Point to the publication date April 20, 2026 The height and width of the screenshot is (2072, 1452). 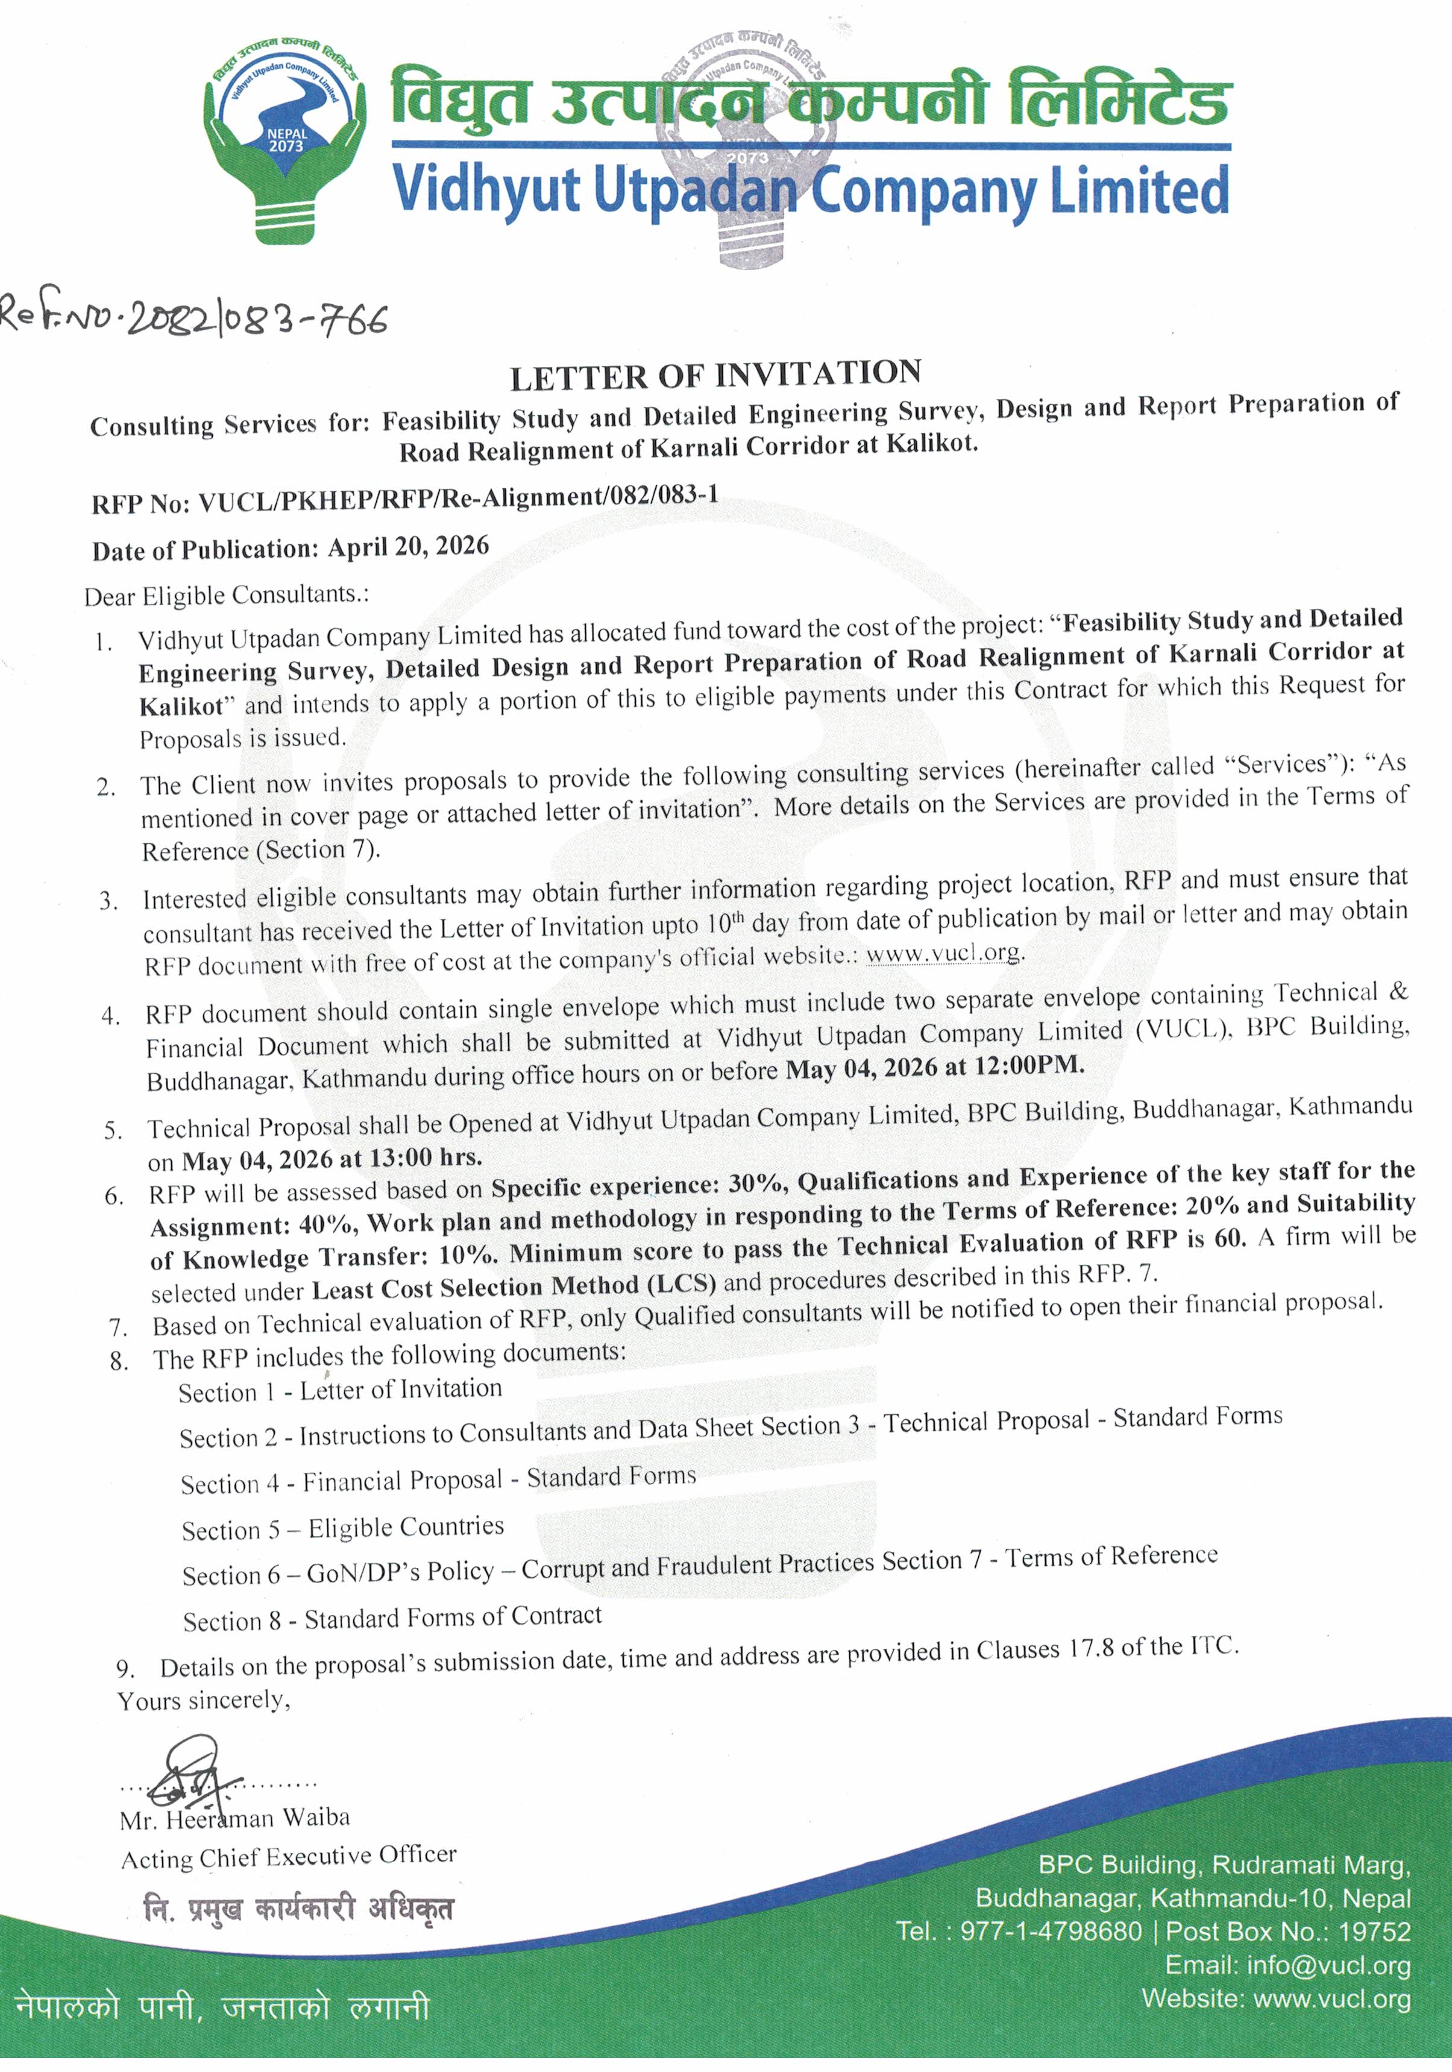tap(408, 547)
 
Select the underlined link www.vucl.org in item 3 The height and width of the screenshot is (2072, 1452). tap(944, 954)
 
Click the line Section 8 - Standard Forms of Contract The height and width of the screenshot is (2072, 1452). tap(392, 1618)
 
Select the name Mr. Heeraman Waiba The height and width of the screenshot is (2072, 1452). tap(234, 1818)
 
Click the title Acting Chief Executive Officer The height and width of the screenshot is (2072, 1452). tap(289, 1856)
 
